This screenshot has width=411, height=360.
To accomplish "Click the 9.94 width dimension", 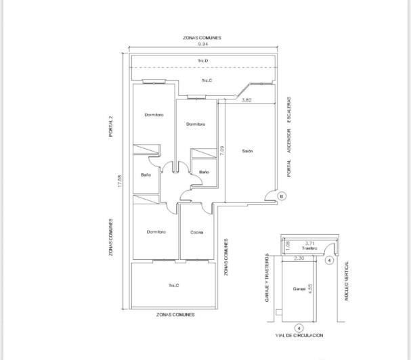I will [202, 44].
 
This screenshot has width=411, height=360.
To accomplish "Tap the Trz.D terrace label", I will [202, 61].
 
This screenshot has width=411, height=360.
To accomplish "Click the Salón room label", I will [247, 151].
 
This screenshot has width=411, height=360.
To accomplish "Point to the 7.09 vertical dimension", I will [221, 150].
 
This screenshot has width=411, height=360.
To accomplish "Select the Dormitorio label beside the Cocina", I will [156, 232].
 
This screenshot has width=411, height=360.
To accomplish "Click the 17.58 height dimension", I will [120, 182].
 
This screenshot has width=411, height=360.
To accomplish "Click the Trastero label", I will [310, 248].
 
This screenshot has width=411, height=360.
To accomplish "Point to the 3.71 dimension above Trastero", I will [310, 243].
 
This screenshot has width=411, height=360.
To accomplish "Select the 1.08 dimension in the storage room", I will [288, 244].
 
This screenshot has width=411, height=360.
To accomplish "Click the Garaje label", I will [299, 288].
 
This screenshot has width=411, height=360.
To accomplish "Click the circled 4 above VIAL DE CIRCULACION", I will [299, 328].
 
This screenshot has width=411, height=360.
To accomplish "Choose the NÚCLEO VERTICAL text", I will [347, 281].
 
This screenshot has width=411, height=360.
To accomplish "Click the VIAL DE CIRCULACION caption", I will [299, 336].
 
